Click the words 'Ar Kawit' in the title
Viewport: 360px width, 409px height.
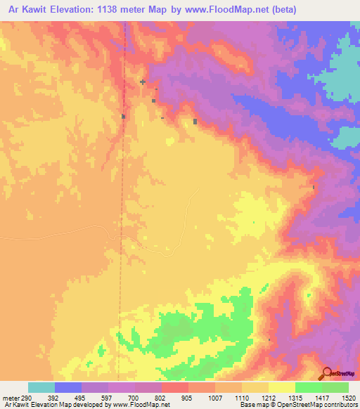[25, 9]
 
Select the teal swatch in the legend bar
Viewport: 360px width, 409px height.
[41, 387]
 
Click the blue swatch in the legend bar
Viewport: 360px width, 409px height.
[68, 387]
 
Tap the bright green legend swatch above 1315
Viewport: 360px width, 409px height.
[309, 387]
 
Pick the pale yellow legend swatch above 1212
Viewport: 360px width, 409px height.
[282, 387]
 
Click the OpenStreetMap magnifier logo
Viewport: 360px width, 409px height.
[326, 374]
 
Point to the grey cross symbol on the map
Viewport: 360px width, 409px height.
[143, 82]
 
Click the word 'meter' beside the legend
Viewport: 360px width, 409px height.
[9, 397]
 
